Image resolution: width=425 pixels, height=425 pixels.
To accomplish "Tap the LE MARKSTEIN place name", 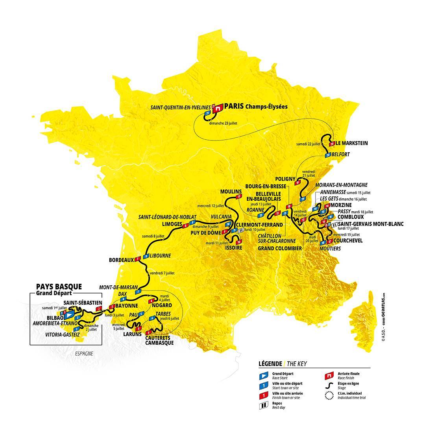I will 352,143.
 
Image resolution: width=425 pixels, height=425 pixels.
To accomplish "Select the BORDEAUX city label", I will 121,260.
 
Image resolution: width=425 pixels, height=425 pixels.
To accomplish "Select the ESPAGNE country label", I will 84,353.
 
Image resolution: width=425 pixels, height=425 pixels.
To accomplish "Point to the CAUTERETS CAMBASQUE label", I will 159,340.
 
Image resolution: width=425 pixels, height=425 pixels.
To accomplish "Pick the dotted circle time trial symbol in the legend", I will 328,395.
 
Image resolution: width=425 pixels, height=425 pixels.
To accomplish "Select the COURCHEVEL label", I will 348,240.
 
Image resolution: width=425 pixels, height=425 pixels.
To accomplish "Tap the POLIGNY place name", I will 285,179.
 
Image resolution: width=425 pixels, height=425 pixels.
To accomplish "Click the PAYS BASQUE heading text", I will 59,286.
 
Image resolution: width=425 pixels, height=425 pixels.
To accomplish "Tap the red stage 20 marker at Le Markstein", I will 333,144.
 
